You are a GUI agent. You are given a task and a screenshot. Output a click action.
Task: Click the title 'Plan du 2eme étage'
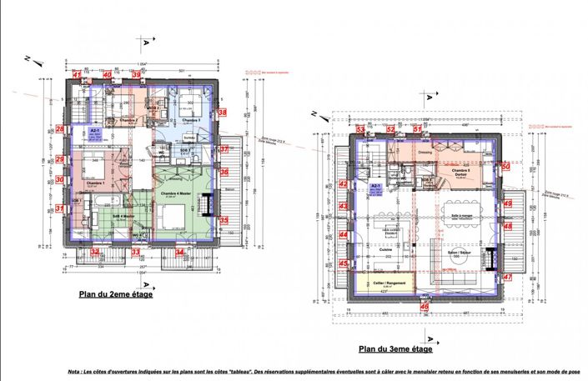pyautogui.click(x=115, y=293)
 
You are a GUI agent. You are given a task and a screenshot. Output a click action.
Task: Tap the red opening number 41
pyautogui.click(x=78, y=75)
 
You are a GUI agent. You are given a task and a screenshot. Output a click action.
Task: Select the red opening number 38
pyautogui.click(x=222, y=111)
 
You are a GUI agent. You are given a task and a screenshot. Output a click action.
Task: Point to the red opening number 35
pyautogui.click(x=224, y=220)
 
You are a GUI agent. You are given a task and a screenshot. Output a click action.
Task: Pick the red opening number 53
pyautogui.click(x=360, y=130)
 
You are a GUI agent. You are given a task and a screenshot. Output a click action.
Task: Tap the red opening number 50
pyautogui.click(x=505, y=166)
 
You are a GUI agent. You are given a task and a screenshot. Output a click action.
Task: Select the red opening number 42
pyautogui.click(x=343, y=185)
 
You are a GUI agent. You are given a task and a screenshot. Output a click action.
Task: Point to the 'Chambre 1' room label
pyautogui.click(x=93, y=183)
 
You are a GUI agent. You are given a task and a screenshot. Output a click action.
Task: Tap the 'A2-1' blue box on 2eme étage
pyautogui.click(x=94, y=132)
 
